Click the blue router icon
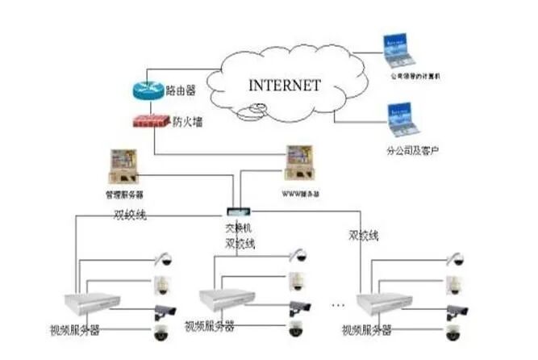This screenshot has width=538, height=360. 148,90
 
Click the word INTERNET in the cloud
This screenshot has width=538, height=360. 284,85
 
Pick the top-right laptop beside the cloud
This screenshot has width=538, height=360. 398,50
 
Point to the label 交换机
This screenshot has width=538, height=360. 236,228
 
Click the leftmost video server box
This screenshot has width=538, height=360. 91,303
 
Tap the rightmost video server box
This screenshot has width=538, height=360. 382,302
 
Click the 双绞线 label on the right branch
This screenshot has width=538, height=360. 362,236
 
